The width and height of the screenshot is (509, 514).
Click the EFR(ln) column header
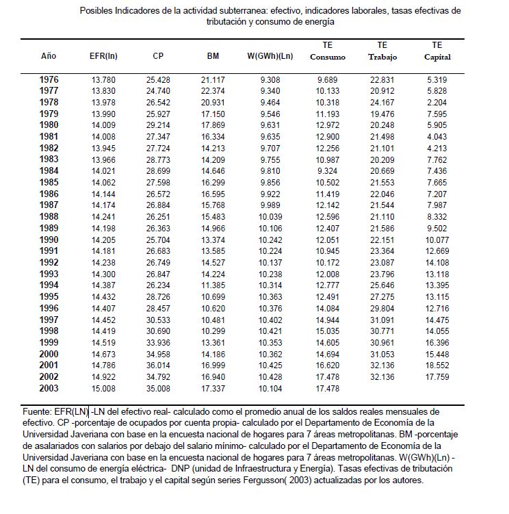pos(103,56)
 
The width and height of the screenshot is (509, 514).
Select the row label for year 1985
pos(49,183)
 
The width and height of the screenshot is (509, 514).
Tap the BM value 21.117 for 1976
pos(213,80)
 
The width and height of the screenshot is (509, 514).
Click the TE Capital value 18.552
pos(437,367)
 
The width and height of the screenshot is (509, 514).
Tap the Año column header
pos(49,56)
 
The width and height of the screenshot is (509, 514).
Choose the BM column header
pos(213,56)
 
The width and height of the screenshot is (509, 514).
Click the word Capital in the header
pos(437,57)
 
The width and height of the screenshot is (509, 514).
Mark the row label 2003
pos(49,388)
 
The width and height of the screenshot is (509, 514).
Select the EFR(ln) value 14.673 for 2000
pos(103,355)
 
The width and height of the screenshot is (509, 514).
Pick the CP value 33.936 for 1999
pos(158,342)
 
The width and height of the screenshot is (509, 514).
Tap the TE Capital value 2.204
pos(437,103)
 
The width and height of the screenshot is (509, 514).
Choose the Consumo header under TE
pos(327,57)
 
